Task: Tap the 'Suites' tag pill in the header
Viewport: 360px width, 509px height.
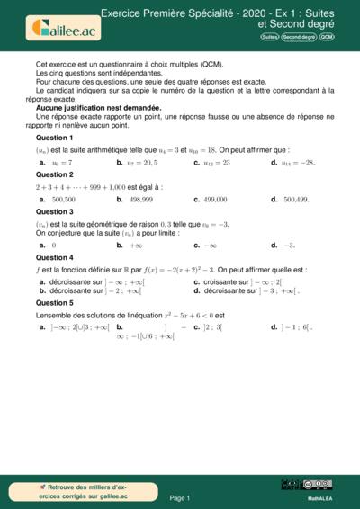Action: [x=269, y=38]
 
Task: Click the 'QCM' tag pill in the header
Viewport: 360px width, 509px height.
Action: [x=326, y=38]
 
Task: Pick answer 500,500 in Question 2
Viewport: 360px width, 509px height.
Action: [x=64, y=198]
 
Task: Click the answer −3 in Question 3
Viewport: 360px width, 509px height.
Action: [x=289, y=245]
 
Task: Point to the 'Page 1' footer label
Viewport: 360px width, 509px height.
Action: [x=180, y=497]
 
